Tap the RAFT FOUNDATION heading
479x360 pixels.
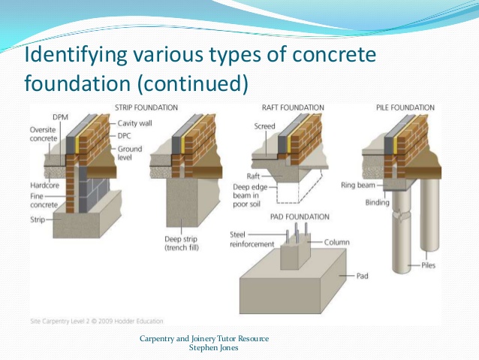click(x=294, y=108)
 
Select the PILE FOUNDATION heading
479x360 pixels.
click(x=405, y=108)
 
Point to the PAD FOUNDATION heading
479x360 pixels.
click(x=299, y=216)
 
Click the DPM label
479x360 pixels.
click(x=61, y=117)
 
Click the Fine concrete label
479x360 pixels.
click(x=46, y=200)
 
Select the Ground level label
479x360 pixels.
click(x=131, y=156)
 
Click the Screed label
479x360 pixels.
click(x=264, y=126)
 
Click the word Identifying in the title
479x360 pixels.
click(x=69, y=56)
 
